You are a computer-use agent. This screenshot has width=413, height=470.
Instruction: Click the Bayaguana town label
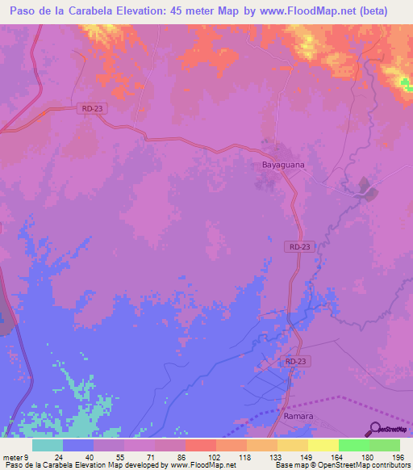282,165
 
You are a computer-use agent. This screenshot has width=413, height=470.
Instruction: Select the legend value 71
140,456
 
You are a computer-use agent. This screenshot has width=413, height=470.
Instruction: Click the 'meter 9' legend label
15,456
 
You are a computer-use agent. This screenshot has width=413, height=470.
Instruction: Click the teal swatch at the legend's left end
48,445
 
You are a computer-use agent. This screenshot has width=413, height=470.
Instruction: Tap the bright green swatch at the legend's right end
385,445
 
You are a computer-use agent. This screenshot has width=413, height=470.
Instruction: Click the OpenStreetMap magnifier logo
377,430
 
